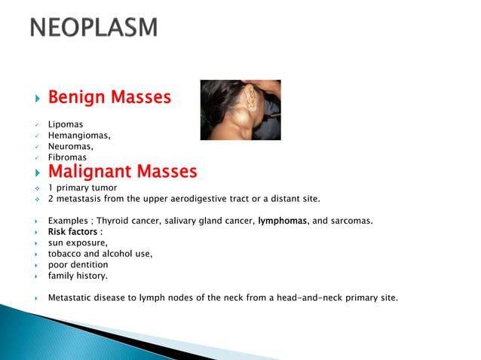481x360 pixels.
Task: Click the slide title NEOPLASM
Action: click(93, 28)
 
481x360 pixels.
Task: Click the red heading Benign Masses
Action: click(109, 98)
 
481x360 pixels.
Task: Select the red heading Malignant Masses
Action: click(122, 172)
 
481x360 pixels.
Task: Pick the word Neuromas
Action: click(71, 146)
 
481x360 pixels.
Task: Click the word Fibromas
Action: click(67, 157)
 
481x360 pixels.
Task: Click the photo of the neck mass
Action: click(240, 110)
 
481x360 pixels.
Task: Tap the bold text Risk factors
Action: click(75, 232)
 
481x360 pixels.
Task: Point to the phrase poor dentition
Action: click(78, 264)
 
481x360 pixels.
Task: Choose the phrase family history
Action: click(78, 276)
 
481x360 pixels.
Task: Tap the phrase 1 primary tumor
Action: click(81, 188)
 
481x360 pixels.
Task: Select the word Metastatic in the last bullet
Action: click(71, 297)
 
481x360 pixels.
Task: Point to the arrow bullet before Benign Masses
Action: click(36, 99)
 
